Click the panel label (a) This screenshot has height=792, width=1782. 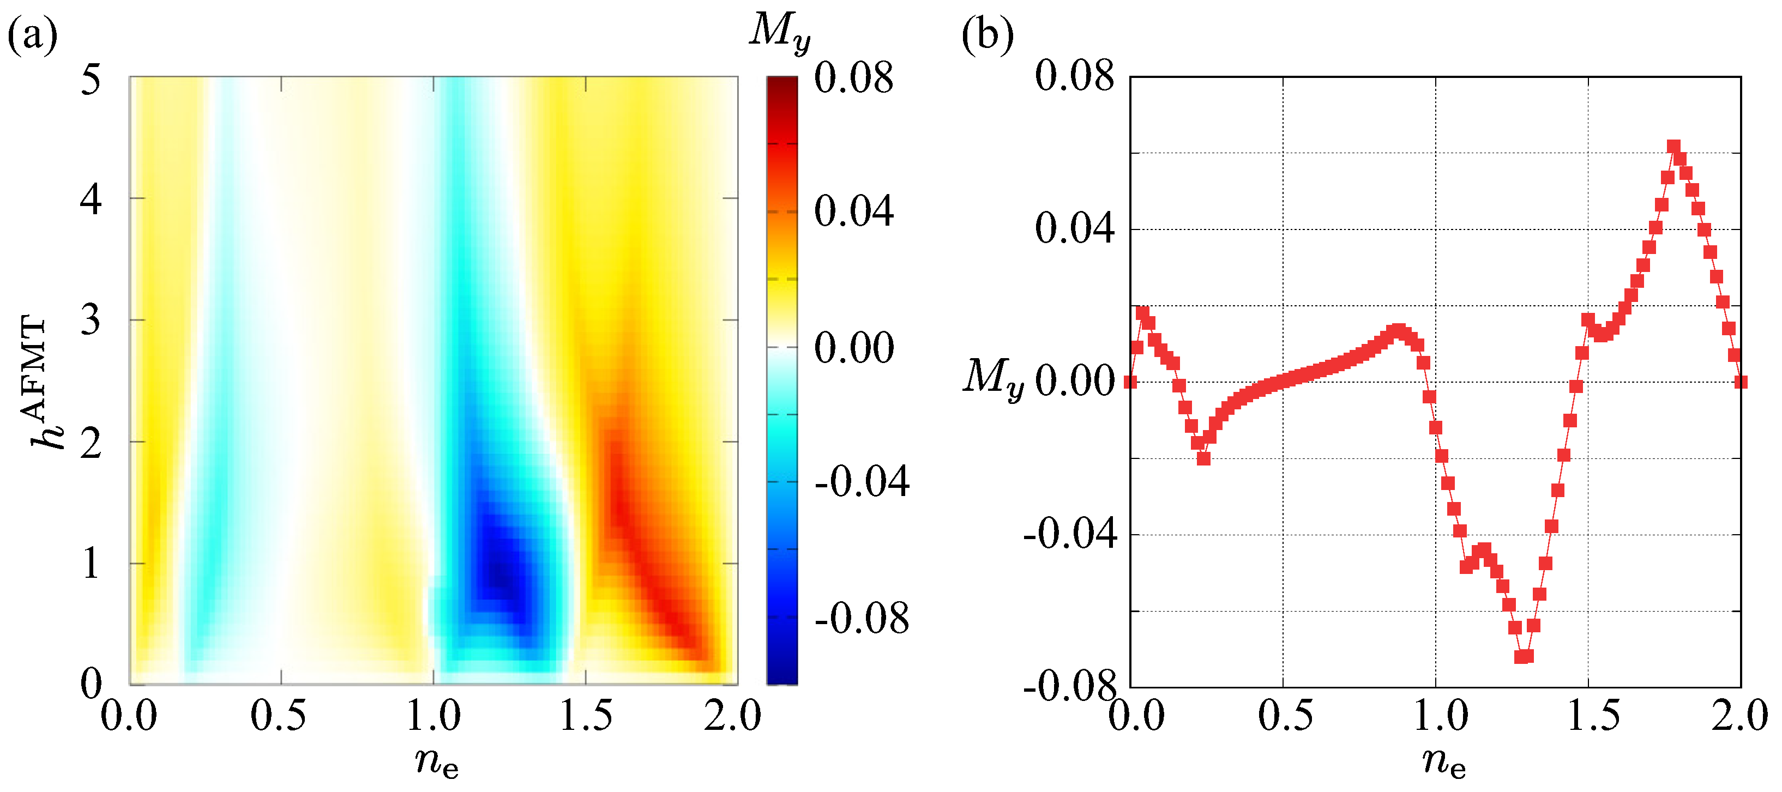(32, 34)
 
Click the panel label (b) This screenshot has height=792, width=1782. (987, 34)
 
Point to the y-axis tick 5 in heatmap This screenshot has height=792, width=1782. (91, 79)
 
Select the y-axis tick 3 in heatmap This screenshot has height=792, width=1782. (91, 321)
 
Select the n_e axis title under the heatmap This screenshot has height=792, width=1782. (437, 761)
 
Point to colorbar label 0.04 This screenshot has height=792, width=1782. (853, 211)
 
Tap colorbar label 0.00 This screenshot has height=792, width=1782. (853, 347)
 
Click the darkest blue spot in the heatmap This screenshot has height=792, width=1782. (500, 573)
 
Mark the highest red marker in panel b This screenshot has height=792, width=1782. (1673, 147)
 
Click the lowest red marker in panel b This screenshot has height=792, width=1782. (1520, 656)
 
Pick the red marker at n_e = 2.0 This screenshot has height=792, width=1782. (1741, 382)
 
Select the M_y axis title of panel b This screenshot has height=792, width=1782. (994, 379)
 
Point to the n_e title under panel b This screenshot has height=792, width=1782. (1444, 761)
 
